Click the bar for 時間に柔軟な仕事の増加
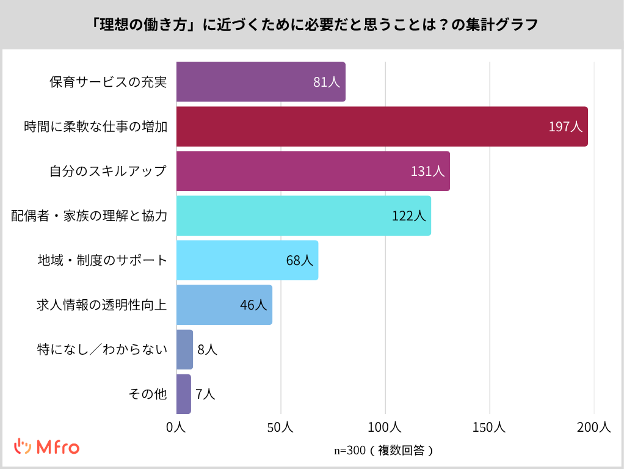382,126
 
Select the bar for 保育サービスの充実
261,82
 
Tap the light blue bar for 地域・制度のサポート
247,260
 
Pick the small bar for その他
183,394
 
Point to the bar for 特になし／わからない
184,349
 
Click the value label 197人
565,127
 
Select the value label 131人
427,172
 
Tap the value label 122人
408,216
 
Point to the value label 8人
207,349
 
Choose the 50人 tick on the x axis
281,428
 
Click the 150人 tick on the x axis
490,428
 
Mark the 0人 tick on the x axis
176,428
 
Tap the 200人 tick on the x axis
593,428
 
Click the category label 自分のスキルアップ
108,172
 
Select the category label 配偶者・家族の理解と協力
89,216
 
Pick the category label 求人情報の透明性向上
102,305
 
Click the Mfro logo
47,447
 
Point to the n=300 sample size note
384,451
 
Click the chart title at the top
312,24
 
